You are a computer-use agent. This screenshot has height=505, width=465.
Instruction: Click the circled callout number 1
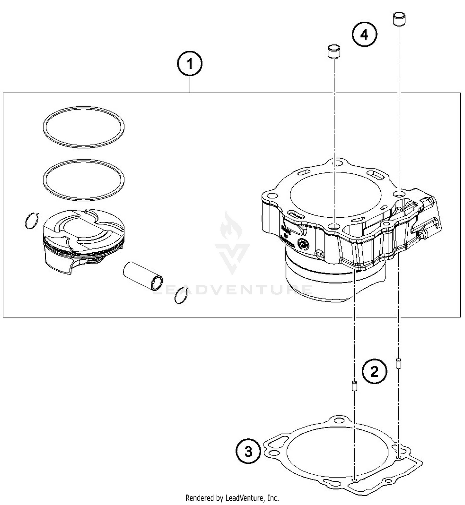coord(190,64)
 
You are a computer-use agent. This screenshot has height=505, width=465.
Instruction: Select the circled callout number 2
coord(374,371)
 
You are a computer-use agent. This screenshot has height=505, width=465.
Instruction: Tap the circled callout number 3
coord(248,451)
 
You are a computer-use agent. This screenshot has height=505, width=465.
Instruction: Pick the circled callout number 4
coord(365,35)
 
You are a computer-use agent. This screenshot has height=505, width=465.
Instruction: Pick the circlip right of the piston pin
coord(182,295)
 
